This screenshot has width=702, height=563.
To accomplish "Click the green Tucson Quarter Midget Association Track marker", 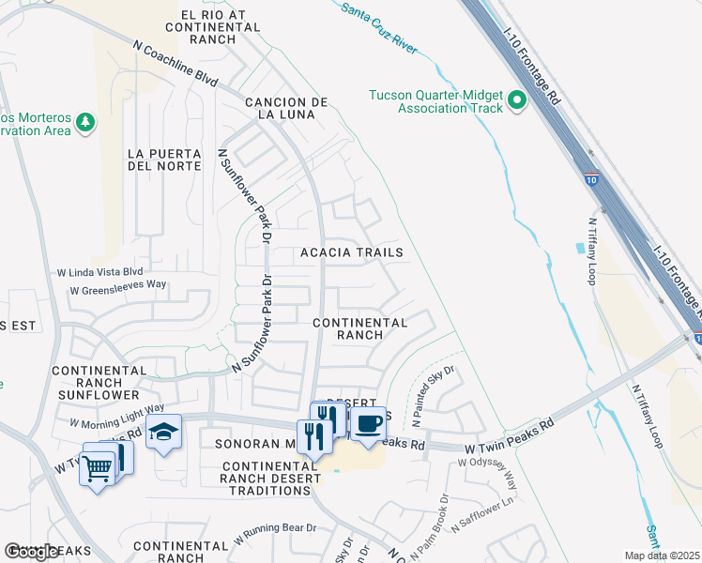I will tap(516, 100).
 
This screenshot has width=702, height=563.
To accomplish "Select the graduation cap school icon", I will tap(164, 433).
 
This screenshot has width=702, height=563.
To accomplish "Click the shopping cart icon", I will tap(98, 466).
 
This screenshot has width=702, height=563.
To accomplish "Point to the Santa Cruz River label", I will tap(378, 25).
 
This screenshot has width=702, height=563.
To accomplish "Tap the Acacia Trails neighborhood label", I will tap(351, 252).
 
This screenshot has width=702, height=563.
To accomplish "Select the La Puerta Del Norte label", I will tap(164, 160).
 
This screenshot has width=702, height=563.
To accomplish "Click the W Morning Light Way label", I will tap(117, 414).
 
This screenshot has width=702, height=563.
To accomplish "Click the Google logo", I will tap(32, 552).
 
